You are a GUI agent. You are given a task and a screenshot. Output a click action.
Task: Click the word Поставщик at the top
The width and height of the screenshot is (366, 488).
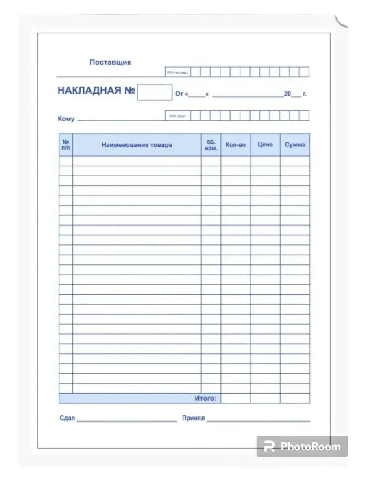(110, 63)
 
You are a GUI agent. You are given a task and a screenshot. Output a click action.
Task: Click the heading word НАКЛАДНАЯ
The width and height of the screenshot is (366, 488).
(89, 91)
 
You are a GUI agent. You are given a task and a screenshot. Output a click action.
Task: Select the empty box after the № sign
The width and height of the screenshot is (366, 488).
(155, 92)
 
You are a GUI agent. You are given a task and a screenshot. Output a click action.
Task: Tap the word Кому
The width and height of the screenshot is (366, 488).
(66, 119)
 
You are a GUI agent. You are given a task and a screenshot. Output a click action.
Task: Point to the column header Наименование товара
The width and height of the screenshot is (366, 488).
(137, 145)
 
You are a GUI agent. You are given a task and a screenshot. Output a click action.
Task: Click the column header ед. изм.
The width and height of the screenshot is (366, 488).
(211, 145)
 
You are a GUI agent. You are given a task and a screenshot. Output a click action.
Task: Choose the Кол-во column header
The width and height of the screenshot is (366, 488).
(235, 145)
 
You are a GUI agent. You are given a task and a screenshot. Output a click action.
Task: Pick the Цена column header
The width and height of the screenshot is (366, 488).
(265, 145)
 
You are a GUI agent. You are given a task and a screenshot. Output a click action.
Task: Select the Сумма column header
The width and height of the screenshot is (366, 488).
(295, 145)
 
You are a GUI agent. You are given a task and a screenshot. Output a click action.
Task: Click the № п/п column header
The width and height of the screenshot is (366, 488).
(66, 145)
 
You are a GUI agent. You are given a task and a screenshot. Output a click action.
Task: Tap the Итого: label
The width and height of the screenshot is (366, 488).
(205, 399)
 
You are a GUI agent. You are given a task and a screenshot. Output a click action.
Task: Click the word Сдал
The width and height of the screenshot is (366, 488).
(67, 418)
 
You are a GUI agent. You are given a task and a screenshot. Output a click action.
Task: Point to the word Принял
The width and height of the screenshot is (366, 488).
(194, 418)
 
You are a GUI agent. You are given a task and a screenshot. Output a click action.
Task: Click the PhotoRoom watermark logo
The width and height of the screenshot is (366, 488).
(302, 447)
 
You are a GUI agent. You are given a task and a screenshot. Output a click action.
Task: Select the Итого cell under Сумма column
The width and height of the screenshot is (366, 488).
(295, 399)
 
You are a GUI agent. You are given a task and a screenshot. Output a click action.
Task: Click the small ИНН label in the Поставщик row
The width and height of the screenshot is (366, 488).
(177, 72)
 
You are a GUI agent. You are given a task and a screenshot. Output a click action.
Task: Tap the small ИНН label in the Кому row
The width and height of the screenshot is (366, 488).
(177, 116)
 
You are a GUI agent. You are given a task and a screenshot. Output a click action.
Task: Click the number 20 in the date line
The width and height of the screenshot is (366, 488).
(288, 94)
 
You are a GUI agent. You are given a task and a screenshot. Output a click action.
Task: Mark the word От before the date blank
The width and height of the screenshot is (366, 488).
(179, 94)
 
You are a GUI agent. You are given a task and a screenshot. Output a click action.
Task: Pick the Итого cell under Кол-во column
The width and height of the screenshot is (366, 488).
(235, 399)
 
